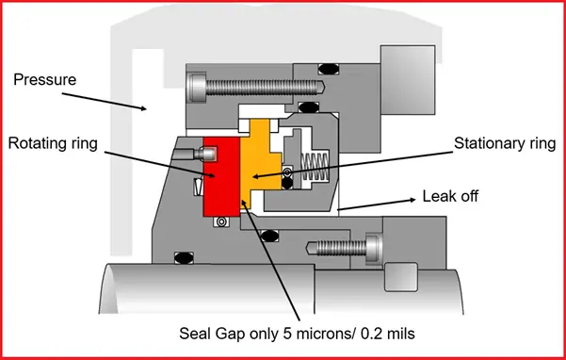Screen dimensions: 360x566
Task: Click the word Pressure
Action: (x=43, y=79)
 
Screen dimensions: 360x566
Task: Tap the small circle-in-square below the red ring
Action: (x=221, y=222)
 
